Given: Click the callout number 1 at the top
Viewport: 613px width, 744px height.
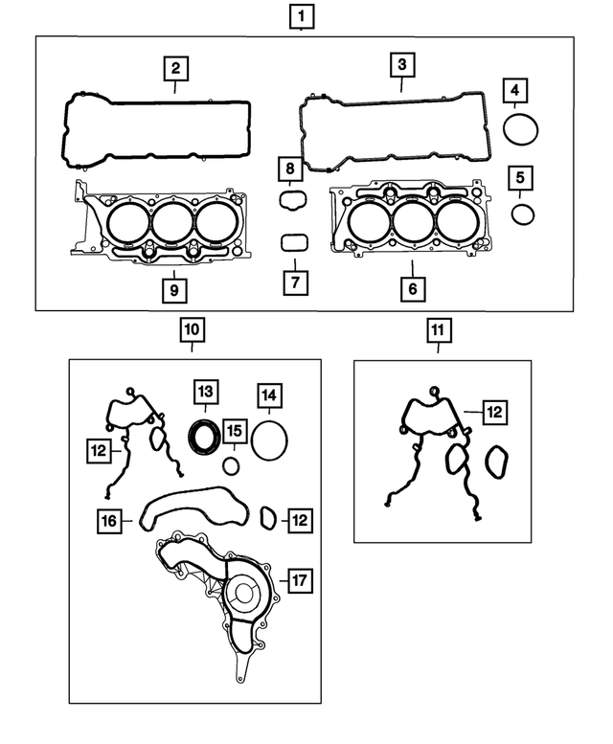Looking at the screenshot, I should (x=302, y=15).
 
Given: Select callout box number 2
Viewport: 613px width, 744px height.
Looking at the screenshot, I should (x=175, y=68).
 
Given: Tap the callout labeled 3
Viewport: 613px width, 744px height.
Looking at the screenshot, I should (x=402, y=65).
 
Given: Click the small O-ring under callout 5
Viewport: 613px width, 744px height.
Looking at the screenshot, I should (x=522, y=213).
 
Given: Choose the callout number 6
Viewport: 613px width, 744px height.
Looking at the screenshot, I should (x=412, y=288).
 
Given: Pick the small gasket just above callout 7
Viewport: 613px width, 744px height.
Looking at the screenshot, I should (x=294, y=242).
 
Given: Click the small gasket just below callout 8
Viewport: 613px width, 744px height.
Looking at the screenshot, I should (x=291, y=200).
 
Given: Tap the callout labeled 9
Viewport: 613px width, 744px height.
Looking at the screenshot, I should (x=173, y=287).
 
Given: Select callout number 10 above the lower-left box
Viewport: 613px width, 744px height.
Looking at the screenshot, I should (x=192, y=330).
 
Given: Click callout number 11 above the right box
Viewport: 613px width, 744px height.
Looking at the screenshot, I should (x=438, y=331).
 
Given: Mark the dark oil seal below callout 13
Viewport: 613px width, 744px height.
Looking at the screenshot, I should (x=203, y=437).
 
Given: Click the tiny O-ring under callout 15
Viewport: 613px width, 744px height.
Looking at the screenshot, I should (x=231, y=466).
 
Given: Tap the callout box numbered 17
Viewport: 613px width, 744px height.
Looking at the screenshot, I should (x=300, y=580).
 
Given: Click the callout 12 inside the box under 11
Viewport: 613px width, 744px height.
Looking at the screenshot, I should (x=493, y=413).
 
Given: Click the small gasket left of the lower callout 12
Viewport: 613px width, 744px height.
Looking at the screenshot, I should (x=269, y=519).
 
